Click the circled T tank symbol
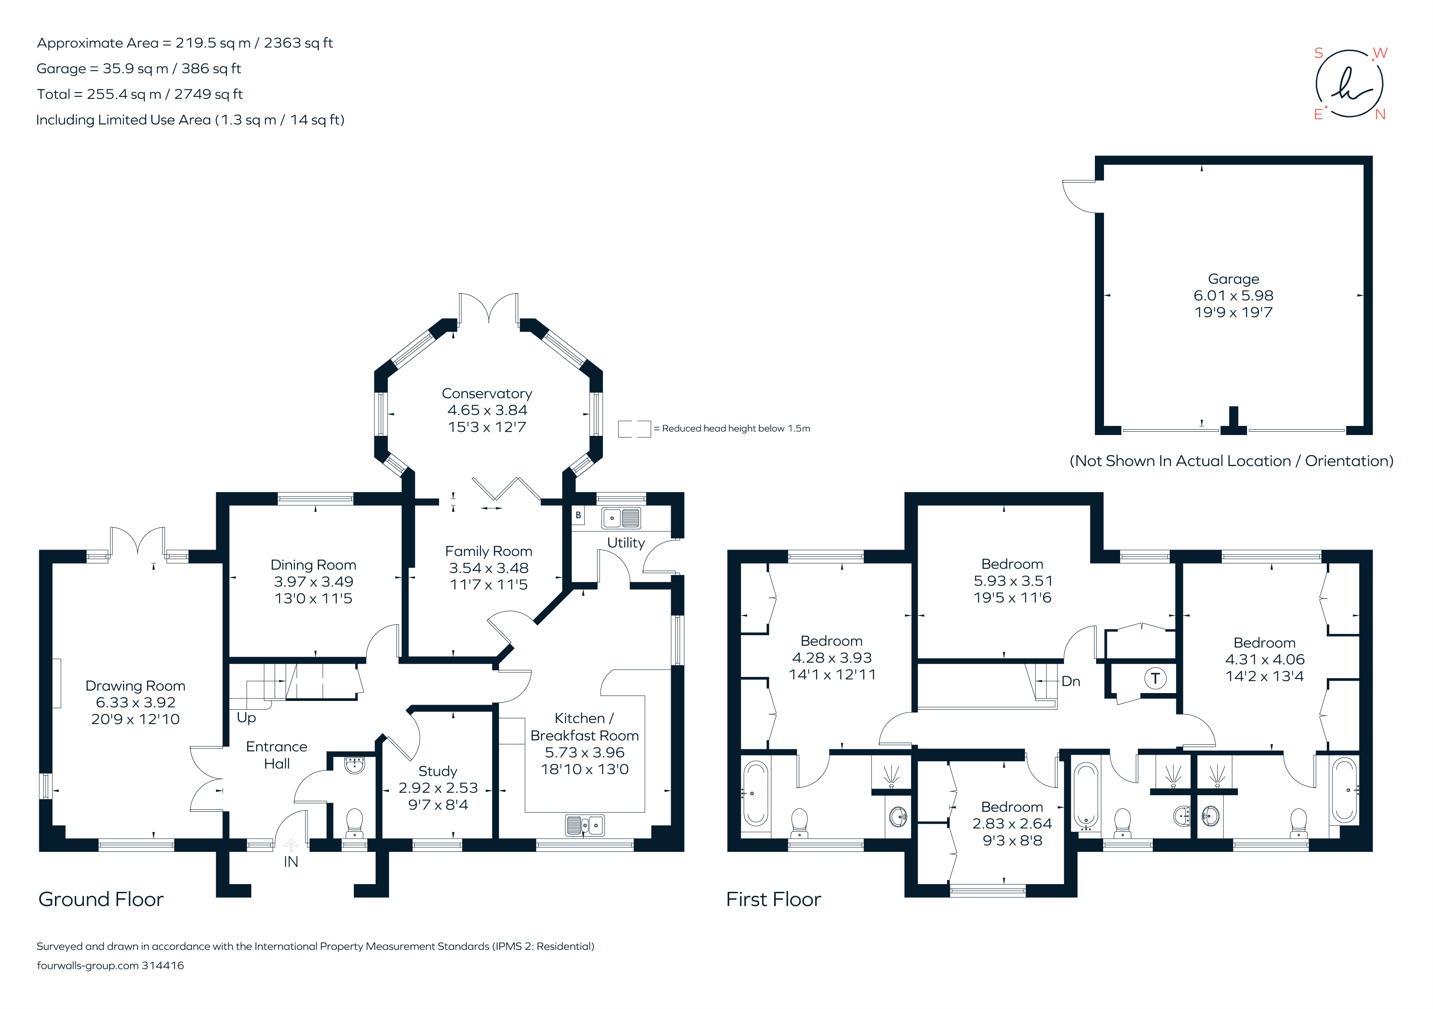(x=1155, y=678)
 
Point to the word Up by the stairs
(x=246, y=717)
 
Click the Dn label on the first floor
(x=1071, y=681)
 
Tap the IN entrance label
(x=291, y=862)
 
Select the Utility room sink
(x=621, y=518)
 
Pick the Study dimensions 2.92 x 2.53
(x=438, y=788)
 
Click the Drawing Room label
(x=136, y=686)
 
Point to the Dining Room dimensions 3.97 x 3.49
(x=313, y=582)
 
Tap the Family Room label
(x=489, y=551)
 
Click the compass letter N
(x=1380, y=115)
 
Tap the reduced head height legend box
(x=634, y=429)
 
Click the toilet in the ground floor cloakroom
(x=355, y=823)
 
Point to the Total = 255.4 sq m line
(x=140, y=94)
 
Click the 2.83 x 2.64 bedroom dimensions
(x=1012, y=824)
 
